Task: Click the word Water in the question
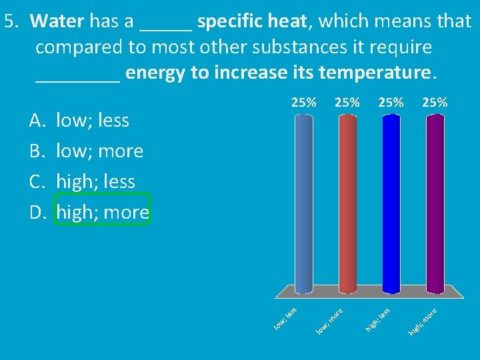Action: click(x=57, y=21)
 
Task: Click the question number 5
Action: click(x=10, y=21)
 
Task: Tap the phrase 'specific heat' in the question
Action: click(x=253, y=21)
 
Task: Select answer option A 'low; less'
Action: click(x=93, y=121)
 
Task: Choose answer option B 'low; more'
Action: click(x=99, y=151)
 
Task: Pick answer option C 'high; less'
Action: click(x=95, y=181)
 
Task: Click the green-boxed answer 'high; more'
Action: click(x=102, y=212)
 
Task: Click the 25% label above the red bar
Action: click(x=347, y=102)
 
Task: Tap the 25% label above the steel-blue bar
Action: click(x=303, y=102)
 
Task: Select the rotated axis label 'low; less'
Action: click(x=286, y=317)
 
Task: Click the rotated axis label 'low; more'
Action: click(x=329, y=320)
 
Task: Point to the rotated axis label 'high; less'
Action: click(x=377, y=318)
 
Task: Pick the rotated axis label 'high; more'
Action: click(x=423, y=320)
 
